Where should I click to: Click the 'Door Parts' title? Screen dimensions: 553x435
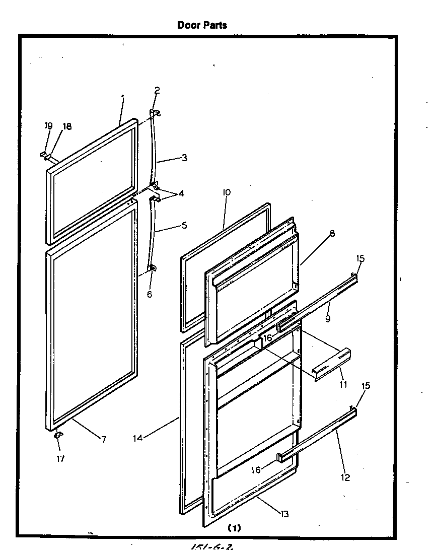(x=202, y=25)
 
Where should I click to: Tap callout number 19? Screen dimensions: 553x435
(x=48, y=126)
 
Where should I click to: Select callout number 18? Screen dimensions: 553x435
(x=66, y=126)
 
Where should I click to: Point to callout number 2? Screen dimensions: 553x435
(x=157, y=91)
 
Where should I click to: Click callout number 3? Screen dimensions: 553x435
(x=184, y=158)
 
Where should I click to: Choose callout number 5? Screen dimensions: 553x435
(x=184, y=226)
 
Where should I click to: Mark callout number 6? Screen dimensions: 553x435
(x=149, y=294)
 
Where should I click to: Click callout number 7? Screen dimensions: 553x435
(x=103, y=439)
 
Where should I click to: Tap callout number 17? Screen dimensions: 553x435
(x=60, y=459)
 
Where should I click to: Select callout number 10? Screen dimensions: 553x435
(x=226, y=192)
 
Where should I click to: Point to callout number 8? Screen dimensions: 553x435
(x=332, y=234)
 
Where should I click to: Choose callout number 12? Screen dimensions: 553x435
(x=345, y=477)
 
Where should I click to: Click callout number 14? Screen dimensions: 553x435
(x=138, y=438)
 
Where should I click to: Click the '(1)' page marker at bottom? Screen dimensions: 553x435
(x=235, y=528)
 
